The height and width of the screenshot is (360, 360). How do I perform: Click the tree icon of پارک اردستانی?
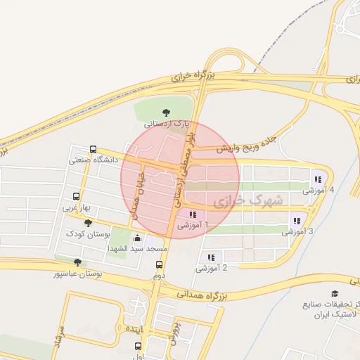click(166, 112)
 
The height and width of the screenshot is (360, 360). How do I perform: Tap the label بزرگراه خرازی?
click(193, 75)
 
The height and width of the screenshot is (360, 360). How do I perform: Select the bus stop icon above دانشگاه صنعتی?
click(94, 149)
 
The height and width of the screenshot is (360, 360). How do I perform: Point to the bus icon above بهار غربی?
click(77, 197)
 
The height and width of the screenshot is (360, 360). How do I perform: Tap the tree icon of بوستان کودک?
click(88, 223)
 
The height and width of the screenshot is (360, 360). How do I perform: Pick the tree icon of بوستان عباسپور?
click(77, 262)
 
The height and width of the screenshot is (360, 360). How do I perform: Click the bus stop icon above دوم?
click(160, 265)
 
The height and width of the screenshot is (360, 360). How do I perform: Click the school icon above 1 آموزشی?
click(192, 214)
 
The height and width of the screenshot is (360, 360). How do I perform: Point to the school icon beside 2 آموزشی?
click(211, 257)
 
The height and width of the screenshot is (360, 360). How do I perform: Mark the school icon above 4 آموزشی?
click(318, 179)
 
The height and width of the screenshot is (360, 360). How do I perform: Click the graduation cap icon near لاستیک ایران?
click(334, 293)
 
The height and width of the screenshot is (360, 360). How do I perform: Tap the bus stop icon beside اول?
click(138, 347)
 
